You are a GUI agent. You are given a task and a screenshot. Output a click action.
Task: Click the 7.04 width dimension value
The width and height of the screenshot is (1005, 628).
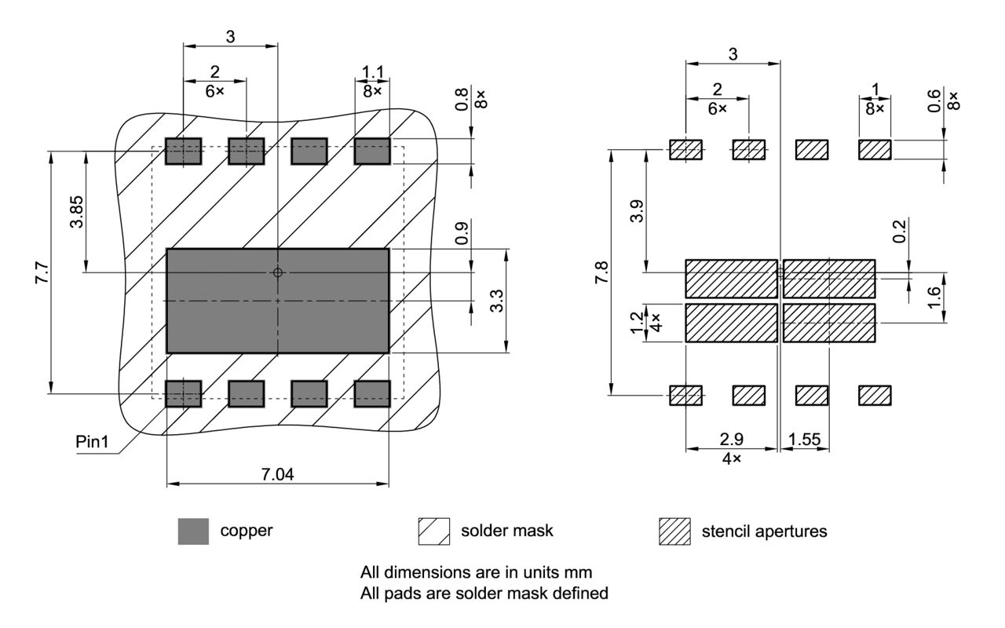(277, 474)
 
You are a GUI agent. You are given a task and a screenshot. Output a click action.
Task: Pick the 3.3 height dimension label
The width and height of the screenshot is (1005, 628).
(496, 301)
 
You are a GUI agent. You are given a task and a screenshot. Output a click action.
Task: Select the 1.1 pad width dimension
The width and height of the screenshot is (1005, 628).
(372, 72)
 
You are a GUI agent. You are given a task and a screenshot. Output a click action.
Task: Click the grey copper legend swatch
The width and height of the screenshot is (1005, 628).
(193, 531)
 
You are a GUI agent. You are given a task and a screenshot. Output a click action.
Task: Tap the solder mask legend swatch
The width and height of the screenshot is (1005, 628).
(434, 531)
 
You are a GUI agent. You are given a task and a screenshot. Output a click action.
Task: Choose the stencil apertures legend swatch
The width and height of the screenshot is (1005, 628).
(674, 531)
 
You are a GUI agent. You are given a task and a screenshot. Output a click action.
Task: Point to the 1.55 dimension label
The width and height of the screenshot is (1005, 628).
(806, 440)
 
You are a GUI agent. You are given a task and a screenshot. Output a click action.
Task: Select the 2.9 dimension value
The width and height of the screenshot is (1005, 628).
(731, 440)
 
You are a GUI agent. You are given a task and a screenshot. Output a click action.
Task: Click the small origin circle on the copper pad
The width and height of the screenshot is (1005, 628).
(277, 272)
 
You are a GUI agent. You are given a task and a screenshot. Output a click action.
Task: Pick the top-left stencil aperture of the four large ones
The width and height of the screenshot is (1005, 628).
(731, 279)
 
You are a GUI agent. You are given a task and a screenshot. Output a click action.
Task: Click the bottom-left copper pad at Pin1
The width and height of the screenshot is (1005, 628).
(183, 393)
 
